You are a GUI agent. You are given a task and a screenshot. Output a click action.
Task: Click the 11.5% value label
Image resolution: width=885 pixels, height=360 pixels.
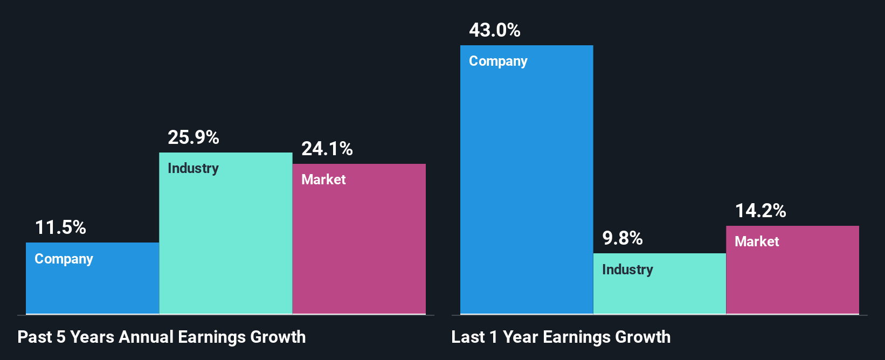pos(60,227)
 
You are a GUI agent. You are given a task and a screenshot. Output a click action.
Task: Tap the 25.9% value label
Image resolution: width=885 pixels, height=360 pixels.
pos(193,137)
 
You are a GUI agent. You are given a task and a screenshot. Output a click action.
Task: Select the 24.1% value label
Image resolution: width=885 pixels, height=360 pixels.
pos(327,149)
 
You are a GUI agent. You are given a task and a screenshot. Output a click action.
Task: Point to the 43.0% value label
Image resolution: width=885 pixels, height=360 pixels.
pos(495,30)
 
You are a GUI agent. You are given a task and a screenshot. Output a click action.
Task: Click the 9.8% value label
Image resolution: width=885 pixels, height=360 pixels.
pos(623,238)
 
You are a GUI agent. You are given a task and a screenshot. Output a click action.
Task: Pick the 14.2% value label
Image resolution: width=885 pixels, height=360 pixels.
pos(760,211)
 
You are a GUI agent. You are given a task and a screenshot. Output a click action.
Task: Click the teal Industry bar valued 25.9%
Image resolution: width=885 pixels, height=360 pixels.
pos(226,243)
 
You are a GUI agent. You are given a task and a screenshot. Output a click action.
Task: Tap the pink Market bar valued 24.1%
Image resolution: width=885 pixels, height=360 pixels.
pos(359,248)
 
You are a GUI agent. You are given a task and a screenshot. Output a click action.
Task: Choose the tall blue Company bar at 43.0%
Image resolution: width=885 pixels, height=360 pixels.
pos(527,189)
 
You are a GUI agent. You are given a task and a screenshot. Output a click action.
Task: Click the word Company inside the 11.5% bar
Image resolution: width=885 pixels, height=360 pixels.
pos(64,259)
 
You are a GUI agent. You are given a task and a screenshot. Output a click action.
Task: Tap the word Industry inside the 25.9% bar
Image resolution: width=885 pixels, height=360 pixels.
pos(193,169)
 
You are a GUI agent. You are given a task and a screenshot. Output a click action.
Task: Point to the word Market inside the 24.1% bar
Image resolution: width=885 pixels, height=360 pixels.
pos(323,180)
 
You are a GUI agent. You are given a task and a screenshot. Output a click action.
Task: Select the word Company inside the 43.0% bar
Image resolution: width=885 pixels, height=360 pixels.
pos(498,61)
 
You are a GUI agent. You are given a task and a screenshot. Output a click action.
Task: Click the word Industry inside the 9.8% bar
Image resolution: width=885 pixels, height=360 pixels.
pos(627,270)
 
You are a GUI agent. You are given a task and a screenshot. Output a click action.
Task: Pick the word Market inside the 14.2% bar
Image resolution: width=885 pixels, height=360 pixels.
pos(757,242)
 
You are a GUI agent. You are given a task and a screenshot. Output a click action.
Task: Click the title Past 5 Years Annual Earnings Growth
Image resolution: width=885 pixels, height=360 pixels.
pos(162,337)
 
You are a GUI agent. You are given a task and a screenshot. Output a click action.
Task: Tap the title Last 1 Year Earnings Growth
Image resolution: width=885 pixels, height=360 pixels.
pos(561,337)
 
